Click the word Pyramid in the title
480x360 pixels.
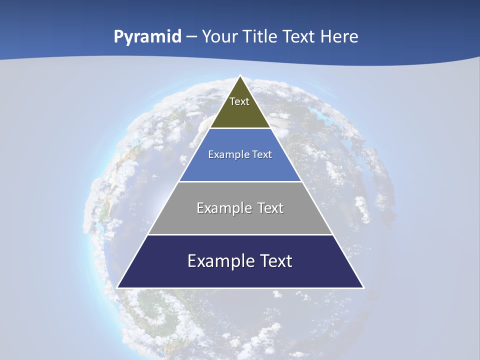[x=147, y=37]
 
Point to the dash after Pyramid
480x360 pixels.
[x=191, y=37]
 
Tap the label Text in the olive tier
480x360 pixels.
[x=239, y=101]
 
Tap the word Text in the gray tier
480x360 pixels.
[x=271, y=208]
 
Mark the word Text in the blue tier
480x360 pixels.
[x=262, y=155]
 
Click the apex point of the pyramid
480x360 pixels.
[x=240, y=76]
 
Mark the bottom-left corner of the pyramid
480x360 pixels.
[x=117, y=287]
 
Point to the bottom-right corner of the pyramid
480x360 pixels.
[x=363, y=287]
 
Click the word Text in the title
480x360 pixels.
[x=299, y=36]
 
